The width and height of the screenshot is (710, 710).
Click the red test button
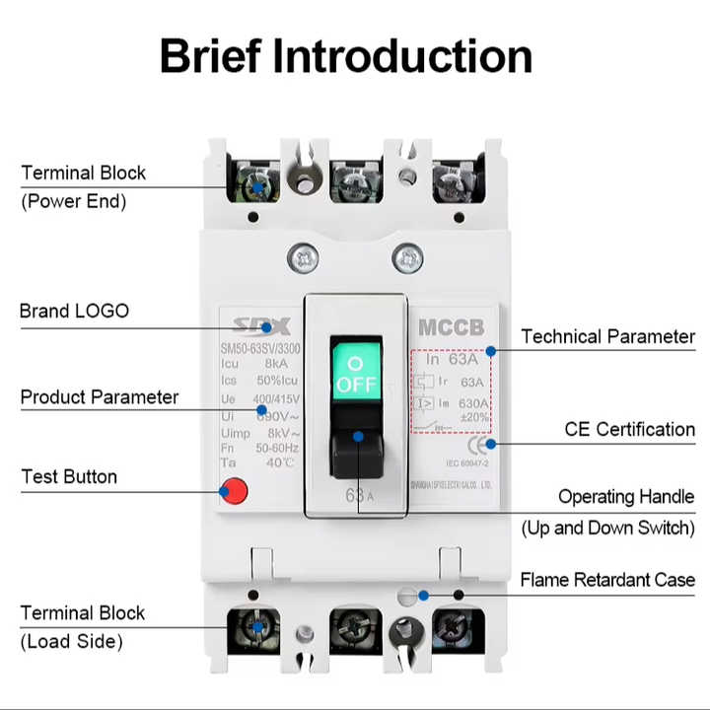click(x=234, y=489)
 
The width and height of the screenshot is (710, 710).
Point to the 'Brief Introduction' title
click(x=346, y=56)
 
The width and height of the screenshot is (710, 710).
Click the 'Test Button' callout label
click(x=69, y=476)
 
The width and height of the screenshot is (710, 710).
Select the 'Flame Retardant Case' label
click(x=607, y=579)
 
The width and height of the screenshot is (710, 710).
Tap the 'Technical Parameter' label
click(x=607, y=336)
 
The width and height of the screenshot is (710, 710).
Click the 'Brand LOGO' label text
click(x=74, y=311)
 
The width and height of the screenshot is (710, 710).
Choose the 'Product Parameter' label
click(x=100, y=397)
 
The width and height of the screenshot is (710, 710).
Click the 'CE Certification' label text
click(x=629, y=429)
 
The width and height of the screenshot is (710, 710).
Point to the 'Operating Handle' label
click(x=626, y=497)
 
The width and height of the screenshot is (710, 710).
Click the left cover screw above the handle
click(x=303, y=259)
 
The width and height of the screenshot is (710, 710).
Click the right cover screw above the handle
click(x=407, y=259)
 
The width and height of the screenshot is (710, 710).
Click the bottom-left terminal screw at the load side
click(x=257, y=627)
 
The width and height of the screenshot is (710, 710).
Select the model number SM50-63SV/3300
click(x=260, y=348)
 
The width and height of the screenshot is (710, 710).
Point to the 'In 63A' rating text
click(x=451, y=359)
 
